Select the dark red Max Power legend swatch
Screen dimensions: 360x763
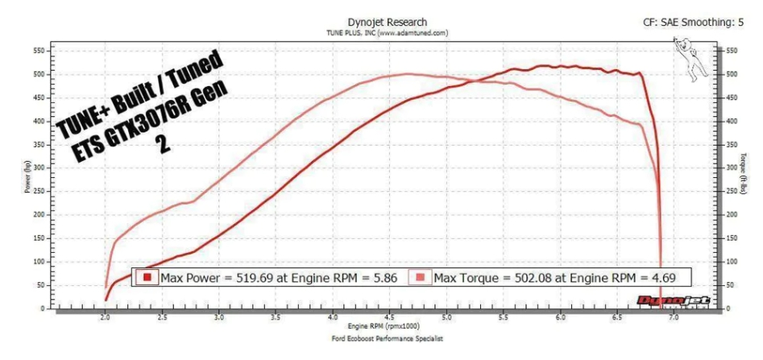(148, 278)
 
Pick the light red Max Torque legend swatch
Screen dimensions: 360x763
(421, 278)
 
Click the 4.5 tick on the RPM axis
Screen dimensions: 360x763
(390, 318)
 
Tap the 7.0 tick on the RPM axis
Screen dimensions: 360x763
(674, 318)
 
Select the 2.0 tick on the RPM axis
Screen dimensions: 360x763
(106, 318)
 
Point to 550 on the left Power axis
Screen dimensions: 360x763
(38, 51)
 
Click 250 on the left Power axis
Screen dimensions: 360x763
(38, 192)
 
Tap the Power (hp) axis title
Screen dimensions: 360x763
(28, 178)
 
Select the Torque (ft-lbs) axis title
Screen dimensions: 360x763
(745, 178)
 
